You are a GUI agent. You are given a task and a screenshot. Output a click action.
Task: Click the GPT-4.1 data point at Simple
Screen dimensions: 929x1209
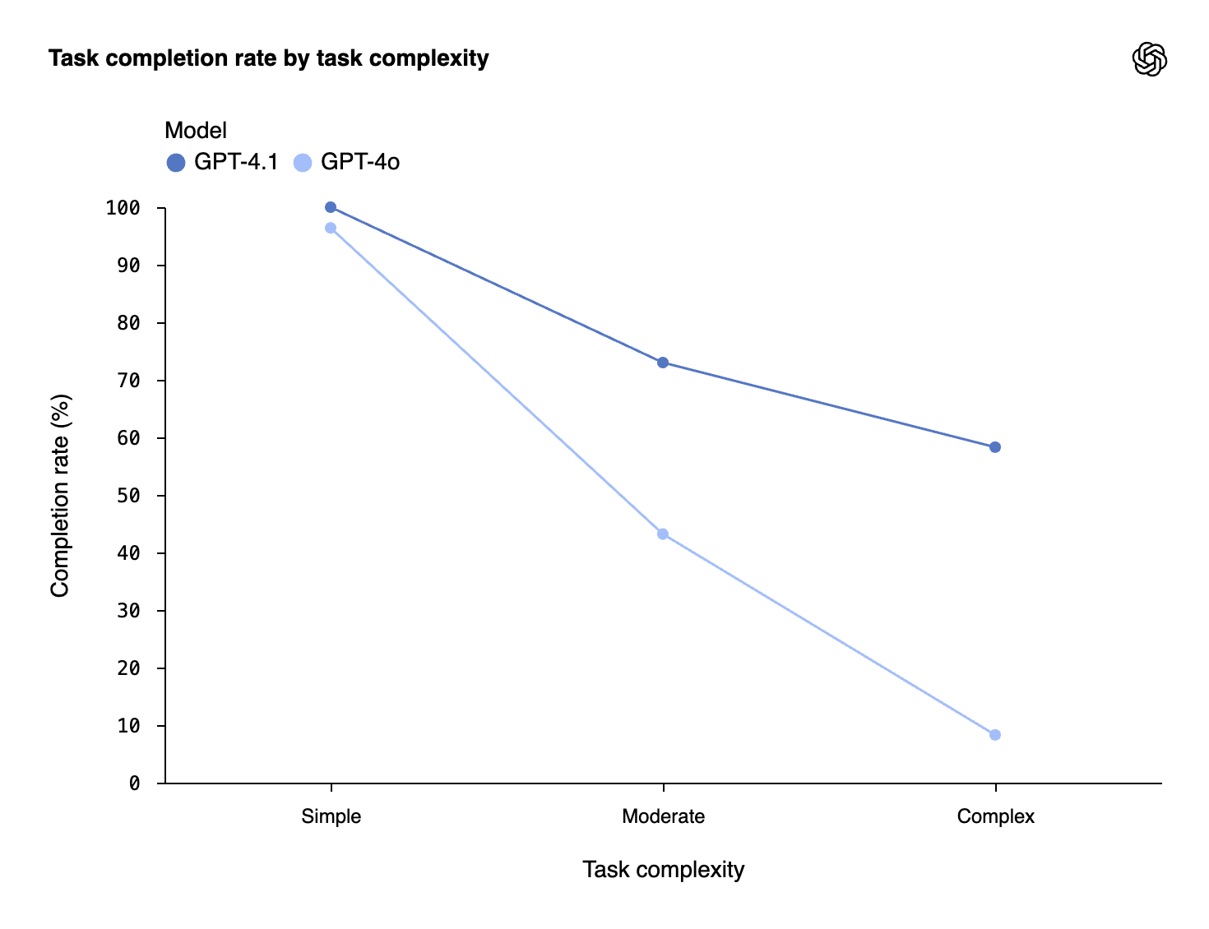(x=331, y=207)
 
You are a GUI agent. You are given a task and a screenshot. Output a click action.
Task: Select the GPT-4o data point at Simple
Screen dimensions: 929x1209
(x=331, y=228)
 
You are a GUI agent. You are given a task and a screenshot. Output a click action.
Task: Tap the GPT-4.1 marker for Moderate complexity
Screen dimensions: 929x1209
(x=663, y=363)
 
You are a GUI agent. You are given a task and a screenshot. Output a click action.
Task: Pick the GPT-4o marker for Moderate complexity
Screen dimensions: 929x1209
(x=663, y=534)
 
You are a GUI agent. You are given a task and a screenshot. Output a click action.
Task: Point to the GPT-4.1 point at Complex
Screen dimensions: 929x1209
(x=995, y=447)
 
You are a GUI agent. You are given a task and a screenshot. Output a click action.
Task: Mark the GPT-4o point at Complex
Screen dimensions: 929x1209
(x=995, y=735)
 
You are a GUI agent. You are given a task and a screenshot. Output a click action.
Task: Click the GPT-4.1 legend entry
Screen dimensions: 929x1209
(x=223, y=162)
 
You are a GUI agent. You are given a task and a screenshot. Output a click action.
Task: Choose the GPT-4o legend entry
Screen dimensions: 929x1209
(x=347, y=162)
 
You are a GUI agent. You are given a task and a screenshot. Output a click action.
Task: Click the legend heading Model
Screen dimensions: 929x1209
(x=196, y=130)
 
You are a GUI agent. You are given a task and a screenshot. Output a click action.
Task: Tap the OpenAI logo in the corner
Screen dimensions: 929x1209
(x=1149, y=59)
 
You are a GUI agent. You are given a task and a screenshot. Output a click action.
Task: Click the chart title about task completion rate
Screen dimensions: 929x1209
(x=268, y=58)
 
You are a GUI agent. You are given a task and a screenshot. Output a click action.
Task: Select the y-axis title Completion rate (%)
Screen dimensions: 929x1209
(x=60, y=496)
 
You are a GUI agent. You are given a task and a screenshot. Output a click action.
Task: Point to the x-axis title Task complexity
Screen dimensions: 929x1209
(x=663, y=869)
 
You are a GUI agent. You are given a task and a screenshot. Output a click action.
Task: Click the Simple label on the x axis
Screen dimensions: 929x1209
(x=331, y=816)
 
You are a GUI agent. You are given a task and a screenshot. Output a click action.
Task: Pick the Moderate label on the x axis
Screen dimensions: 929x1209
(x=663, y=816)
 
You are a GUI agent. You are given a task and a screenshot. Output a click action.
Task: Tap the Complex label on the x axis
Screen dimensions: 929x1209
(x=995, y=816)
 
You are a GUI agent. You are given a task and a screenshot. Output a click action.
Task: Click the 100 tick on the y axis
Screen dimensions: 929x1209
(x=123, y=208)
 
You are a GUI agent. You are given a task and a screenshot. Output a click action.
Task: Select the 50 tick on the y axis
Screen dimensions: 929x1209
(x=128, y=496)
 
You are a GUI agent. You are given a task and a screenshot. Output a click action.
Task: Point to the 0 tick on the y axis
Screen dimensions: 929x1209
(x=134, y=783)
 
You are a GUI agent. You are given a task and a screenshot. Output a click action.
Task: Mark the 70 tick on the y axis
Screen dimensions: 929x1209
(x=128, y=381)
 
